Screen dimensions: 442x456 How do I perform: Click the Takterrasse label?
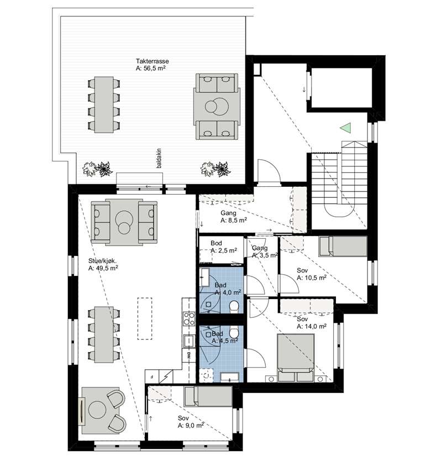tap(152, 61)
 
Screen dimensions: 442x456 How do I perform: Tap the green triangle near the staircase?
tap(346, 128)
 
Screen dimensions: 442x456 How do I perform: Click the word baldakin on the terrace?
tap(159, 159)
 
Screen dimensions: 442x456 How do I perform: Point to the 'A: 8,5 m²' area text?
tap(234, 221)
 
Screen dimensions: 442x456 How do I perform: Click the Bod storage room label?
tap(216, 243)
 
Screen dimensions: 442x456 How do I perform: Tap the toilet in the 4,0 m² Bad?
tap(234, 307)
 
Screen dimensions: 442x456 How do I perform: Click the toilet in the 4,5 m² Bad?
tap(234, 332)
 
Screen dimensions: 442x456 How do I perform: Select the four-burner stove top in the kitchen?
tap(189, 318)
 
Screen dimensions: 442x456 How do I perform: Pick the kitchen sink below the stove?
tap(189, 340)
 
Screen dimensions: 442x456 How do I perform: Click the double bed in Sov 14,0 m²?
tap(296, 358)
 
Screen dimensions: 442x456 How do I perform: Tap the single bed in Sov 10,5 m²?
tap(343, 247)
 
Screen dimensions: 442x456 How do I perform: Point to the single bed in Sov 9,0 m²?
tap(208, 396)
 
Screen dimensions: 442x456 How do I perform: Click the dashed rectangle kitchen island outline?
tap(145, 318)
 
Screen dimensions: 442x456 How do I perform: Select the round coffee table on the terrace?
tap(217, 107)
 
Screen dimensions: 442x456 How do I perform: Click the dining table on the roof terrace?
tap(104, 104)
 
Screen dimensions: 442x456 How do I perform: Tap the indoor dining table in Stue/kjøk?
tap(104, 334)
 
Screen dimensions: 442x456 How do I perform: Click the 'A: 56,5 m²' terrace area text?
tap(151, 69)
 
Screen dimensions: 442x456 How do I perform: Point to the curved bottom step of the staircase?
tap(339, 209)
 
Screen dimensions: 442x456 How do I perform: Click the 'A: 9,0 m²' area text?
tap(191, 426)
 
